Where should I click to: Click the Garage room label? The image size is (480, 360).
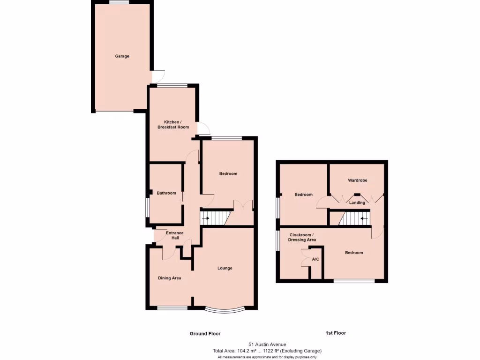tap(122, 56)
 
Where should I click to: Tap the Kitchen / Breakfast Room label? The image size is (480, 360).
tap(173, 124)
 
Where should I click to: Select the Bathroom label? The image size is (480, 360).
tap(166, 193)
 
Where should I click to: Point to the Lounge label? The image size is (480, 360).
tap(225, 268)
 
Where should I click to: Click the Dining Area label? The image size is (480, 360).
tap(169, 278)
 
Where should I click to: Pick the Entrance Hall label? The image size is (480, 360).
tap(175, 235)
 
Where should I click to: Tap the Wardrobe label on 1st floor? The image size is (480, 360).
tap(357, 180)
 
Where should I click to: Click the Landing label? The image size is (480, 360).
tap(357, 202)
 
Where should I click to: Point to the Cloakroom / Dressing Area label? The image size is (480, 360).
tap(302, 237)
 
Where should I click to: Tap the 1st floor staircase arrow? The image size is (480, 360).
tap(364, 218)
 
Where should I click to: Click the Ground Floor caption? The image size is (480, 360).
tap(205, 334)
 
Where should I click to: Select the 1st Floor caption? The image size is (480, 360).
tap(336, 333)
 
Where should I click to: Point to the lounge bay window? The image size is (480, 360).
tap(225, 310)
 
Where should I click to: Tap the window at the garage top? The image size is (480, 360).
tap(119, 2)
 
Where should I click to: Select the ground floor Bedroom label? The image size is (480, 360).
tap(228, 173)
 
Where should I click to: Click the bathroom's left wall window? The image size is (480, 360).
tap(147, 207)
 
